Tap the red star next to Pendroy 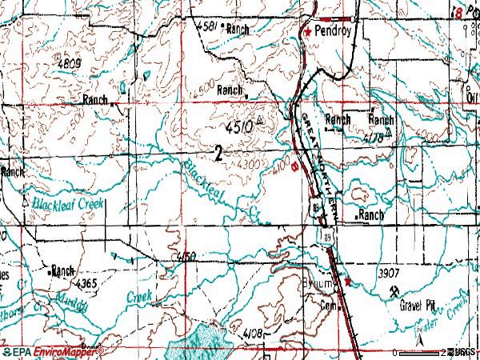[307, 33]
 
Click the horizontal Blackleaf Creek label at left [67, 203]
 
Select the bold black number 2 [218, 152]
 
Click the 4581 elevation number [206, 28]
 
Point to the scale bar [419, 352]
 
